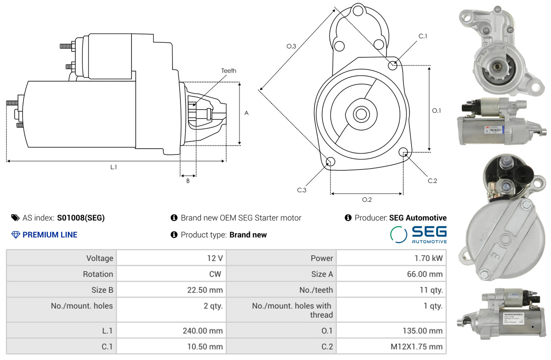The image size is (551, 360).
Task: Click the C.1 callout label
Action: [423, 36]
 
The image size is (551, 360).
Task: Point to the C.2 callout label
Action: [432, 181]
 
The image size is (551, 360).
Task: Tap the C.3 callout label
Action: [302, 190]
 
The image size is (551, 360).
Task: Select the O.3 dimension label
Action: [291, 46]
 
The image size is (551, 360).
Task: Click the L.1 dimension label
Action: [113, 167]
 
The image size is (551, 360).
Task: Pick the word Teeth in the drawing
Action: [229, 71]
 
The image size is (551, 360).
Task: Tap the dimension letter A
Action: [247, 113]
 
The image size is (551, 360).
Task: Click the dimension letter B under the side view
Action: [188, 181]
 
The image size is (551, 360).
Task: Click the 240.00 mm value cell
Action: [203, 331]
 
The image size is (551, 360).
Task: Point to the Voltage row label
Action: [100, 258]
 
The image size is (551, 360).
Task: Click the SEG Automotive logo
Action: [418, 234]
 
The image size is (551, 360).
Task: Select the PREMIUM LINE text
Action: [50, 235]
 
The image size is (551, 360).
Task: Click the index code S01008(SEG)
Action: [81, 218]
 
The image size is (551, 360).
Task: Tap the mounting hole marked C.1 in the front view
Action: [393, 65]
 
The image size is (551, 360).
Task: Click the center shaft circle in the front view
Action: [360, 114]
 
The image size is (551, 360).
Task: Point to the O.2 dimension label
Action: [367, 200]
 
